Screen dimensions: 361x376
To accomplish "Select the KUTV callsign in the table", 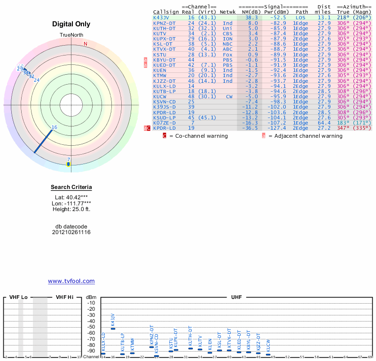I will pyautogui.click(x=160, y=33).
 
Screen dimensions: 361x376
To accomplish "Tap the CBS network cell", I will pyautogui.click(x=227, y=33).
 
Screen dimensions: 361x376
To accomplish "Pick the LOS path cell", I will pyautogui.click(x=301, y=17).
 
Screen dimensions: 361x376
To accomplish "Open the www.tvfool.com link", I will pyautogui.click(x=71, y=281).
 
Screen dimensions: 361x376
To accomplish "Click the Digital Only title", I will pyautogui.click(x=71, y=24).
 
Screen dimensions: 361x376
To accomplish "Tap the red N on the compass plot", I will pyautogui.click(x=86, y=44).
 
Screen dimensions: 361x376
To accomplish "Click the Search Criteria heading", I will pyautogui.click(x=71, y=187).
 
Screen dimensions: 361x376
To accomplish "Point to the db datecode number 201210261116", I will pyautogui.click(x=71, y=232).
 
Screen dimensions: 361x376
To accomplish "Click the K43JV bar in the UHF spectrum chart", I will pyautogui.click(x=113, y=328).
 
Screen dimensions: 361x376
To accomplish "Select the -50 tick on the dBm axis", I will pyautogui.click(x=91, y=327).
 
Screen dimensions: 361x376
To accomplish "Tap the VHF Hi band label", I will pyautogui.click(x=64, y=297).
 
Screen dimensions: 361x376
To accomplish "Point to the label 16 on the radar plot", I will pyautogui.click(x=55, y=127).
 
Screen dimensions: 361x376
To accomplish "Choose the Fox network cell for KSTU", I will pyautogui.click(x=227, y=55).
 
